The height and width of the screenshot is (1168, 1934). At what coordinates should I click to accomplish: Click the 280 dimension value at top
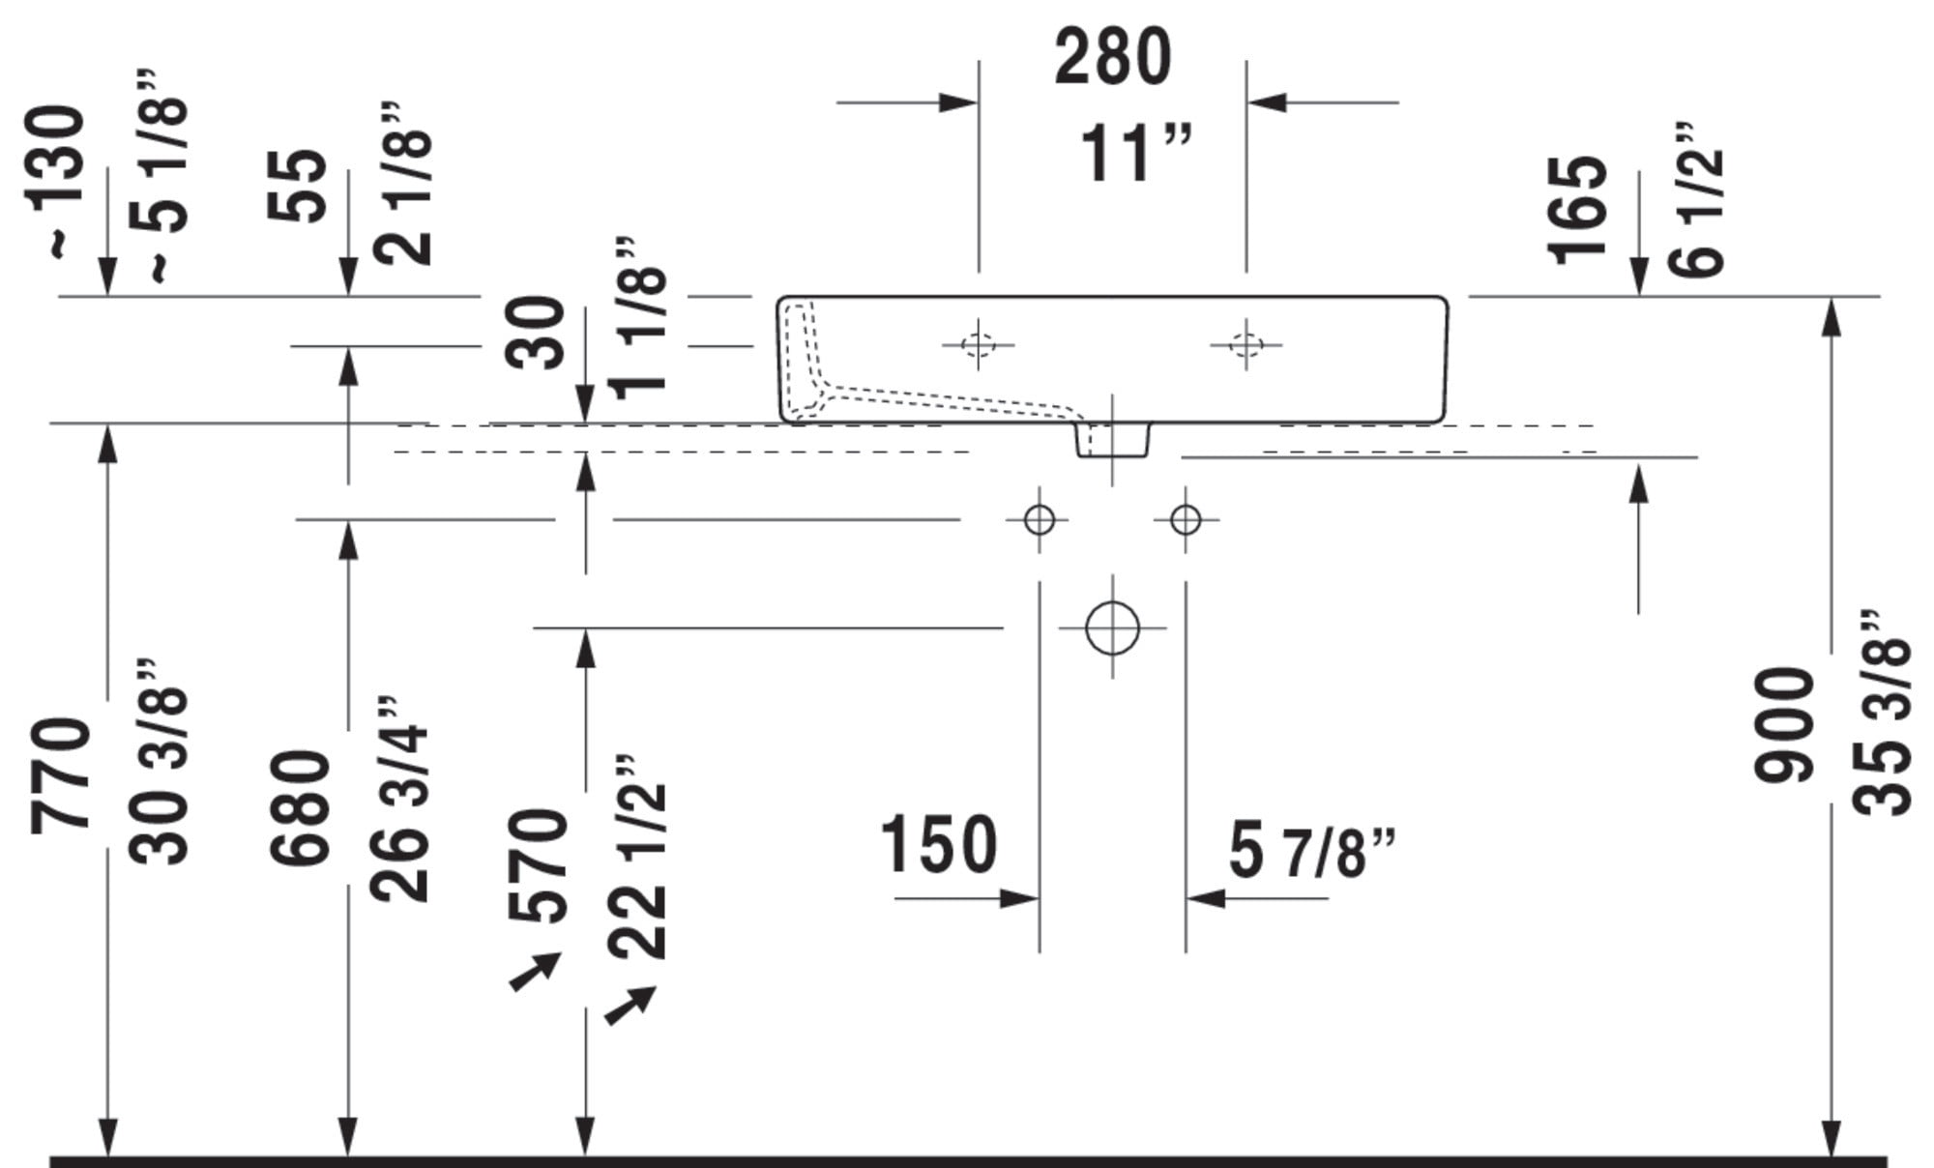tap(1112, 57)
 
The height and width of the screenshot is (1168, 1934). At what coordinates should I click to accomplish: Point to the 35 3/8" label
tap(1884, 714)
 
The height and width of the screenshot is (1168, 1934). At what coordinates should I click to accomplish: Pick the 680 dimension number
tap(300, 807)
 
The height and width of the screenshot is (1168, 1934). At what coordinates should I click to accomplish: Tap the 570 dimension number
tap(537, 865)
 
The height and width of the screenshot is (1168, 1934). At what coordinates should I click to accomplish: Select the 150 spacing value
tap(938, 844)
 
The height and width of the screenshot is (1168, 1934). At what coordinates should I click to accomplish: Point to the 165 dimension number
tap(1577, 209)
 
